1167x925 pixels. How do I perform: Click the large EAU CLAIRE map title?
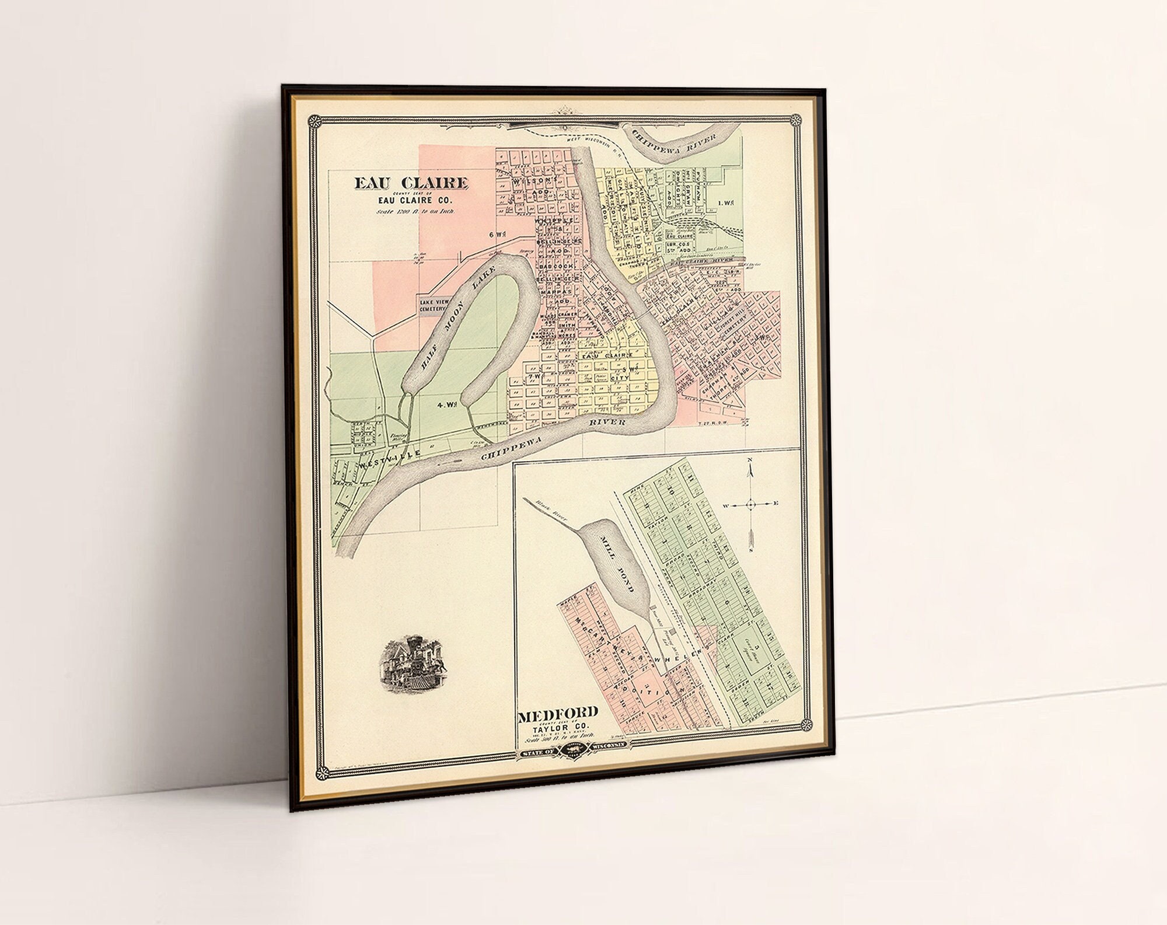(411, 183)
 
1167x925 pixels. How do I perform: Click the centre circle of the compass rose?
(751, 503)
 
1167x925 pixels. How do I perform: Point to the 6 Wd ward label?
(497, 233)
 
